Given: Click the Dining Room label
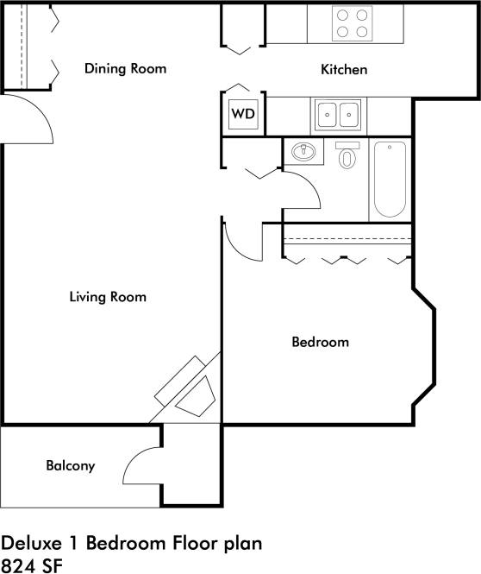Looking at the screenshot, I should coord(125,69).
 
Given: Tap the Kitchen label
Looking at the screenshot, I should coord(344,70).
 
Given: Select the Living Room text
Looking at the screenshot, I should coord(108,297).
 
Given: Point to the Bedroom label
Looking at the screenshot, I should coord(320,342).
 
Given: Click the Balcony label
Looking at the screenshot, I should coord(70,466).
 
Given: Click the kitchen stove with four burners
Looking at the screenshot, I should coord(352,23).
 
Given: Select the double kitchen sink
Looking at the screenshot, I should coord(337,114).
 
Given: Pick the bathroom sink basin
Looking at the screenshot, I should coord(303,153).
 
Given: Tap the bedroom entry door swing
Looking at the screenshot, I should coord(243,240).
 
